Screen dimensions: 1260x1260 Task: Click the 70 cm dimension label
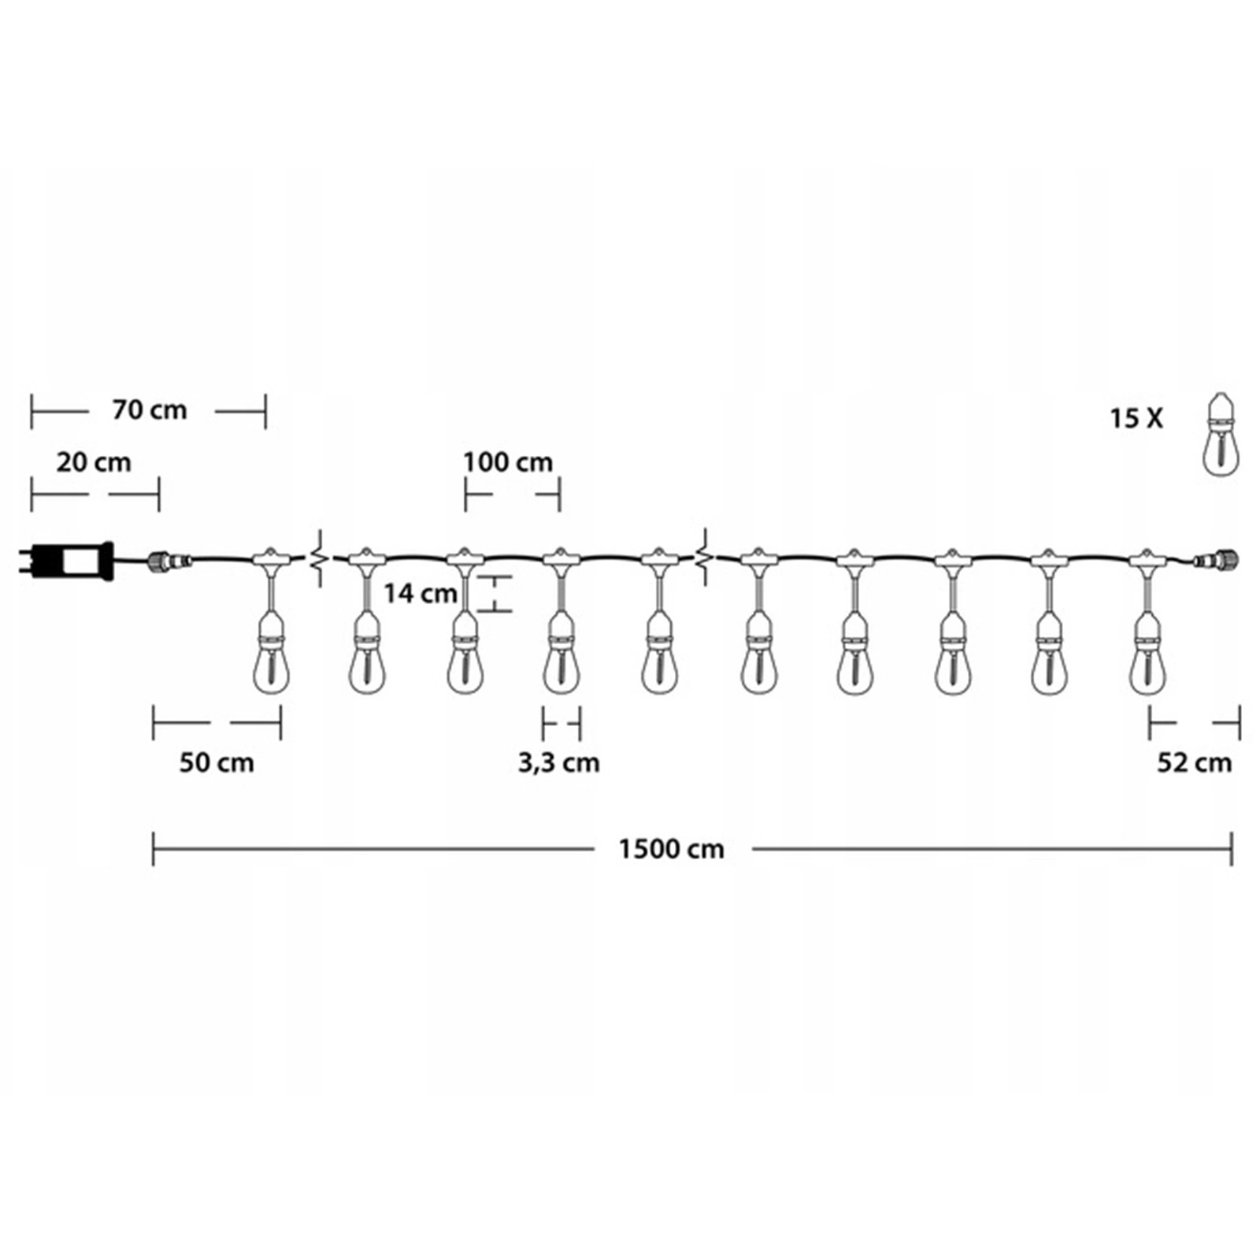point(150,410)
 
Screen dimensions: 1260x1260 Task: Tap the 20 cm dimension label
point(94,462)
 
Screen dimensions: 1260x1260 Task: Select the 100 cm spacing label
point(508,462)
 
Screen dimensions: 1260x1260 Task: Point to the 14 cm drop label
point(421,593)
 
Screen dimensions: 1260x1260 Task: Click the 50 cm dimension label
point(217,763)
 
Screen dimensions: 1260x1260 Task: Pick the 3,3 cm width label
point(559,763)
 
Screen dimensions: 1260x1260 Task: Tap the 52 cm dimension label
point(1195,763)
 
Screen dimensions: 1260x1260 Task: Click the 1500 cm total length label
point(671,850)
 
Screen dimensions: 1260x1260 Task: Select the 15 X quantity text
point(1136,418)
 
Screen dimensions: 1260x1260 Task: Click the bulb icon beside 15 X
point(1220,434)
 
